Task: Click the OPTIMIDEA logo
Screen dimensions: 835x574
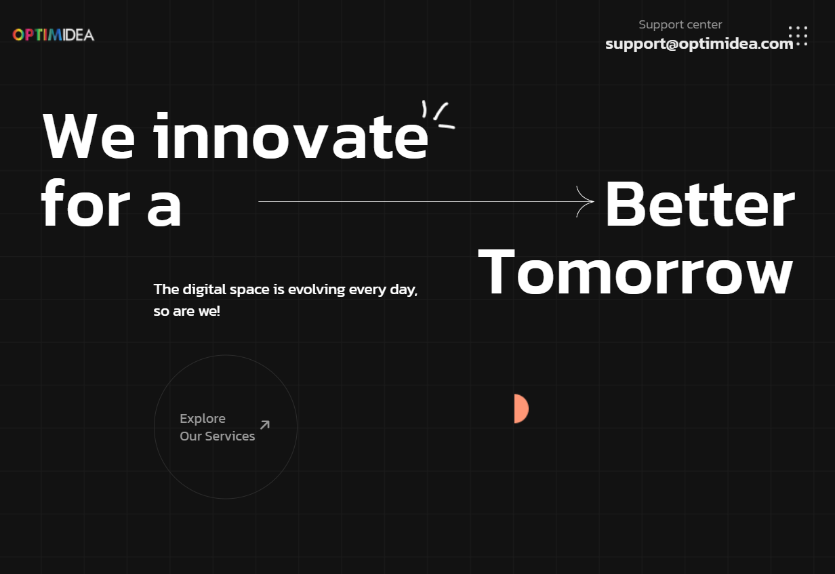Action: click(x=54, y=35)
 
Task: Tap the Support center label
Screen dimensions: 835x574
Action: click(x=680, y=24)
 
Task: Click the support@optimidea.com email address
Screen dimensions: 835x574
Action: click(x=699, y=44)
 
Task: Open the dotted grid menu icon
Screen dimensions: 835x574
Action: click(x=798, y=36)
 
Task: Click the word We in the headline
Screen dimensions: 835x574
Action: click(x=89, y=136)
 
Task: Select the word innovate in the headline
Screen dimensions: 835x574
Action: click(x=291, y=135)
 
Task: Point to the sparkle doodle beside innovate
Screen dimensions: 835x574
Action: click(x=439, y=115)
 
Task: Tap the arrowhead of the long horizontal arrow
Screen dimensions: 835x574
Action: click(x=586, y=201)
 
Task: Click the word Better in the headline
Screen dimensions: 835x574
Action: click(x=700, y=204)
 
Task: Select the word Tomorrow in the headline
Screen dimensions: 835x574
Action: click(x=635, y=272)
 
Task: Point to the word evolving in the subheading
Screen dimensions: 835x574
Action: click(x=317, y=289)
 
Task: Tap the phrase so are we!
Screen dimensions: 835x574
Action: click(x=187, y=311)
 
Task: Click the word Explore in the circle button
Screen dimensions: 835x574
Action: click(x=203, y=419)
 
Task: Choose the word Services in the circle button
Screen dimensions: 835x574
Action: click(x=230, y=436)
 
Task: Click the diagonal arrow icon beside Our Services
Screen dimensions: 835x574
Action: click(x=264, y=425)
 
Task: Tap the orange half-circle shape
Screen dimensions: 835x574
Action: click(x=521, y=409)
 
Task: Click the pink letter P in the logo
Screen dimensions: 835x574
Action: click(x=29, y=35)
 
